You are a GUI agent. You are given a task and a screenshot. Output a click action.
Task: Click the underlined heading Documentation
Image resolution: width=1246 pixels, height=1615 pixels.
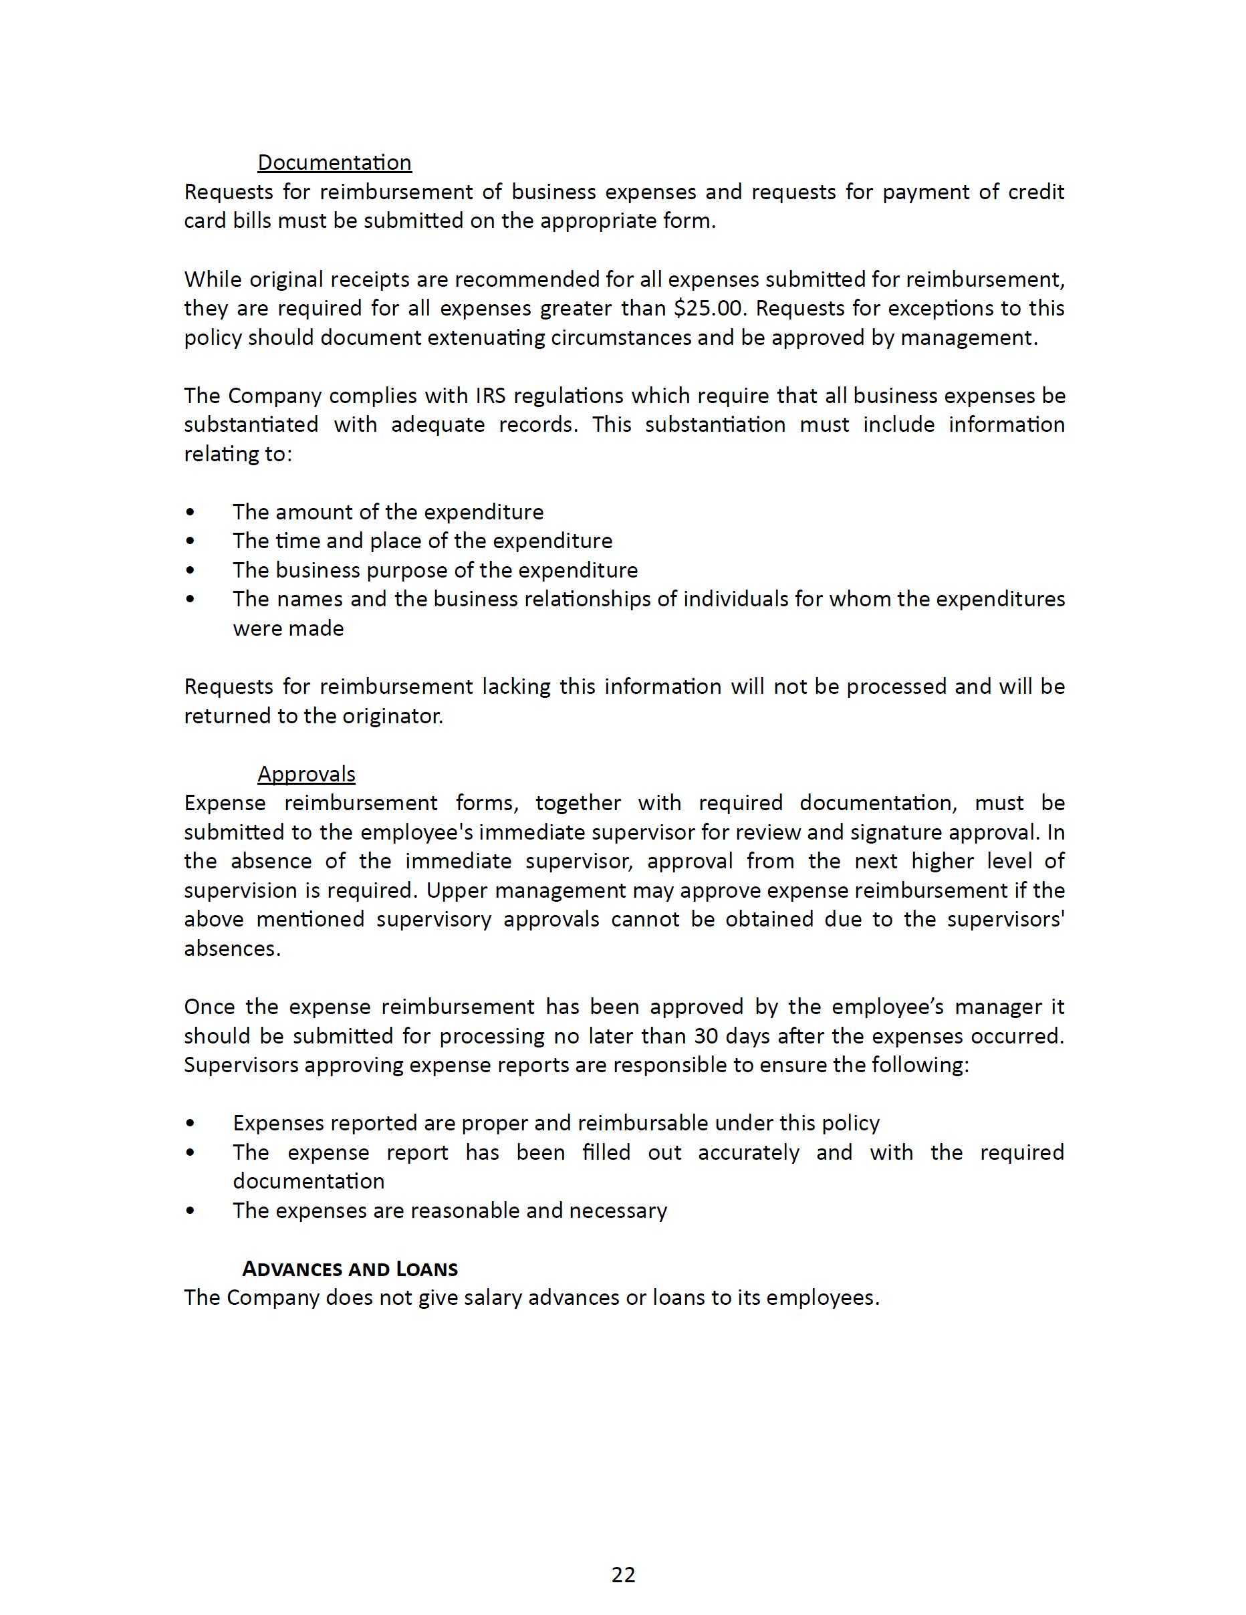click(x=334, y=162)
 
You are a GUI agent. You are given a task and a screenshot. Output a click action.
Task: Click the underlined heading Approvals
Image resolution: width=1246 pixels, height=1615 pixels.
click(x=306, y=774)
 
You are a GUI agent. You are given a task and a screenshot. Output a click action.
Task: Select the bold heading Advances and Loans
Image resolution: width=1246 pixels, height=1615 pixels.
click(x=350, y=1269)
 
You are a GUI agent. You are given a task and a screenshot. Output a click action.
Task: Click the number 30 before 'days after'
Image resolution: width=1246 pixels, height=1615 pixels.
click(x=706, y=1036)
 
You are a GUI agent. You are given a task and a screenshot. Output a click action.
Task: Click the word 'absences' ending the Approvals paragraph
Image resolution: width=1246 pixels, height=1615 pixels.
click(x=231, y=949)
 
